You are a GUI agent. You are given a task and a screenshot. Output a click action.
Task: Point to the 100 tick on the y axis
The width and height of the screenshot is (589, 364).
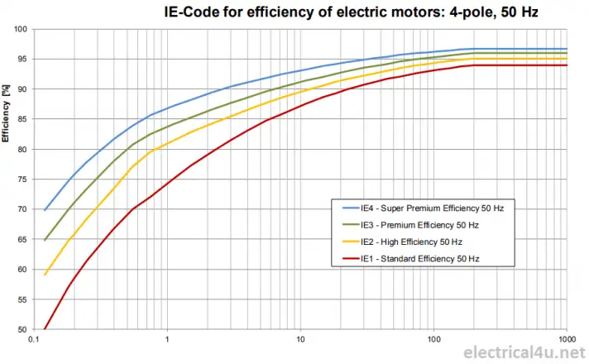click(x=22, y=29)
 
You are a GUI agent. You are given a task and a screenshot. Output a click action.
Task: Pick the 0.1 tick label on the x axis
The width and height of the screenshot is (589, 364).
click(x=34, y=340)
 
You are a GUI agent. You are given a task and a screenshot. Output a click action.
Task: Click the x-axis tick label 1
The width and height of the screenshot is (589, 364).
click(x=167, y=340)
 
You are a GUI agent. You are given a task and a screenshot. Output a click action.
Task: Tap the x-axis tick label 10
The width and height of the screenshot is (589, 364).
click(x=300, y=340)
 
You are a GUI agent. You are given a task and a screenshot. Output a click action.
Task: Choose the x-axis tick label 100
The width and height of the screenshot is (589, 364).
click(x=433, y=340)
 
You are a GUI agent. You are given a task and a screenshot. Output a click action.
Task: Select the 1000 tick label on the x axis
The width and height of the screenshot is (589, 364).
click(x=566, y=340)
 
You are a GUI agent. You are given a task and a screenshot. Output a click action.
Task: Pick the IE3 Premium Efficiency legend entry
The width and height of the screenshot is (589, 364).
click(x=420, y=225)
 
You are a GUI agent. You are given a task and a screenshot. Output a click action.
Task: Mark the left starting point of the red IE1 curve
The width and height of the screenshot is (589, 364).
click(x=45, y=328)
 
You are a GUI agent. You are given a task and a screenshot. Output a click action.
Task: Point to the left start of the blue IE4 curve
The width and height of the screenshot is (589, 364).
click(x=45, y=210)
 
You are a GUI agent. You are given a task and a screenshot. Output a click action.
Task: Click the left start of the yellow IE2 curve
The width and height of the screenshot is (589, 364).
click(x=45, y=274)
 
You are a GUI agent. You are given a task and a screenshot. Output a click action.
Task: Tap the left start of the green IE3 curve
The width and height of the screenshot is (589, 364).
click(x=45, y=240)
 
